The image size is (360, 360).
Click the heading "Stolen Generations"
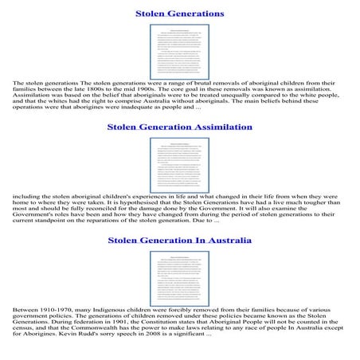[179, 14]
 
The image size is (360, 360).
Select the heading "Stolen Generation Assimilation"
[179, 127]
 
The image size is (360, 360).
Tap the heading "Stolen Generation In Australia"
[179, 239]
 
